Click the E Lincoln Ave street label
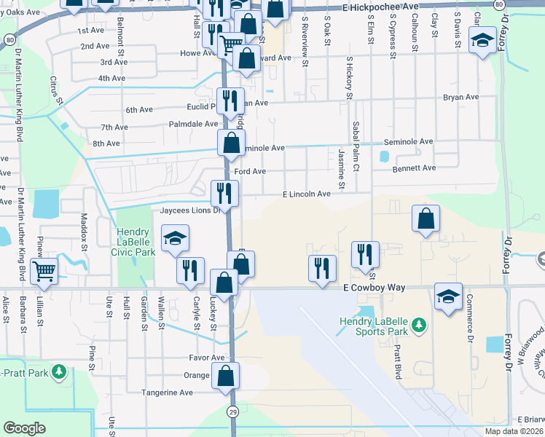(x=307, y=194)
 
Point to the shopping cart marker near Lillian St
(x=44, y=271)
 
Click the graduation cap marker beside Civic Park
(x=175, y=240)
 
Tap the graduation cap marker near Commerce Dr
(x=448, y=296)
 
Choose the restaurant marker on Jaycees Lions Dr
(x=224, y=193)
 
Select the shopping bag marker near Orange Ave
(x=226, y=376)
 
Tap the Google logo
(x=24, y=428)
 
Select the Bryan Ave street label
(x=460, y=97)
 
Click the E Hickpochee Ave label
(x=381, y=7)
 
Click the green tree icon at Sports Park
(x=418, y=324)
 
